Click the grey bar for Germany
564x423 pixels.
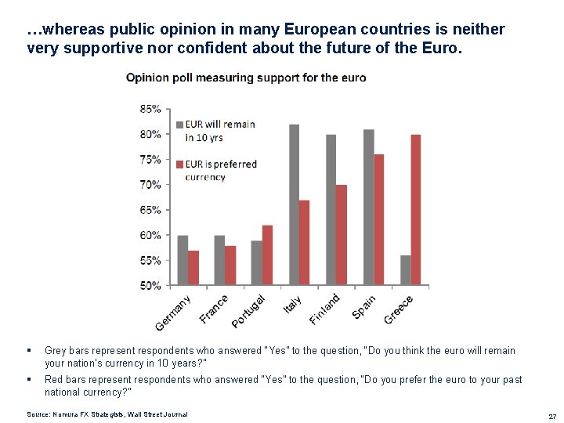(183, 259)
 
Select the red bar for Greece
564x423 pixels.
(416, 210)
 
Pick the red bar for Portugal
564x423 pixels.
(267, 255)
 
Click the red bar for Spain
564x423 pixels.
(379, 219)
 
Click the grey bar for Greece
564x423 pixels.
(405, 269)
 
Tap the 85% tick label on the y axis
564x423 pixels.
(150, 109)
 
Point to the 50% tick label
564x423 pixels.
(150, 285)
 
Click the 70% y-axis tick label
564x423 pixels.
(150, 185)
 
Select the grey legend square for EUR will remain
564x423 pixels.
(179, 125)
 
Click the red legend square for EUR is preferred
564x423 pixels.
(179, 164)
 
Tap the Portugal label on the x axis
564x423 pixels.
(249, 311)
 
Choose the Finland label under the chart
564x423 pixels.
(324, 309)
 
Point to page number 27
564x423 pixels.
(552, 415)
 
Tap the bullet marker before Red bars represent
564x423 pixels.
(28, 380)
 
